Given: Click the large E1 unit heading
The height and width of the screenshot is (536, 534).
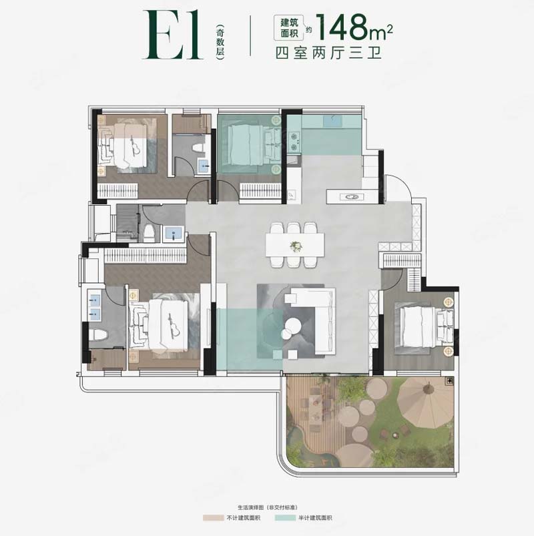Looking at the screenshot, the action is coord(173,35).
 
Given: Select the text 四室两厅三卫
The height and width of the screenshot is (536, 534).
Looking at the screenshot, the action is coord(328,53).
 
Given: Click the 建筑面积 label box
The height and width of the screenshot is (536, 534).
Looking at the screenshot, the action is coord(289,27).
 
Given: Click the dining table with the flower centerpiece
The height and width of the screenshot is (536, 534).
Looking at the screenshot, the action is coord(295,245).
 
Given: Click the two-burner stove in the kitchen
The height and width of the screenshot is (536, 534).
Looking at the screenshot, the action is coord(294,142).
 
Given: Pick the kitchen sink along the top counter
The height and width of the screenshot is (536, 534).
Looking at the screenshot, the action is coord(332,121).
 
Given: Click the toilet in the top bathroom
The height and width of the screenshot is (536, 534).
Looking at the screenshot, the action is coord(198,150).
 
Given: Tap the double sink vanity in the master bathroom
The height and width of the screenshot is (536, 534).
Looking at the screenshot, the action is coord(95,306).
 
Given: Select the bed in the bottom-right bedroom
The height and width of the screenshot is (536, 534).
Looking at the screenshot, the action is coord(424,326).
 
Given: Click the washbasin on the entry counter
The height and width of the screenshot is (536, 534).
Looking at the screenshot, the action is coord(351,197).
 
